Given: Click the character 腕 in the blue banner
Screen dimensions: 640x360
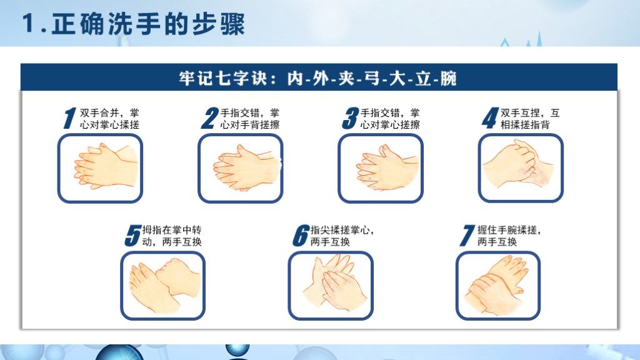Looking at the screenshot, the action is click(x=447, y=78).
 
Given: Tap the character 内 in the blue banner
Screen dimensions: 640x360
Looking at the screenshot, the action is click(x=295, y=78).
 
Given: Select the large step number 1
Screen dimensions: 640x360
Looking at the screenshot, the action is click(x=70, y=118).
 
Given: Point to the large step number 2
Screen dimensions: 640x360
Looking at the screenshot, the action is click(x=210, y=118).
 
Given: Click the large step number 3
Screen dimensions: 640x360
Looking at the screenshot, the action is click(x=350, y=118).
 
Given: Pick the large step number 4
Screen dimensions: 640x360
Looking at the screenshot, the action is click(x=490, y=118).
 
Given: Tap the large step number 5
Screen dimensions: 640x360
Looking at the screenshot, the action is click(x=132, y=236).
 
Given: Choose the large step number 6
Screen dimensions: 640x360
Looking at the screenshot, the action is click(x=301, y=236).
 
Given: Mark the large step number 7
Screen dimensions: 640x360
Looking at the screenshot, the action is click(x=467, y=236).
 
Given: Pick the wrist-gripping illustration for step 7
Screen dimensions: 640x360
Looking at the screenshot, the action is click(x=498, y=286).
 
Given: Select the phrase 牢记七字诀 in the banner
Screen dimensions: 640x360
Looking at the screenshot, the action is click(x=219, y=78).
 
